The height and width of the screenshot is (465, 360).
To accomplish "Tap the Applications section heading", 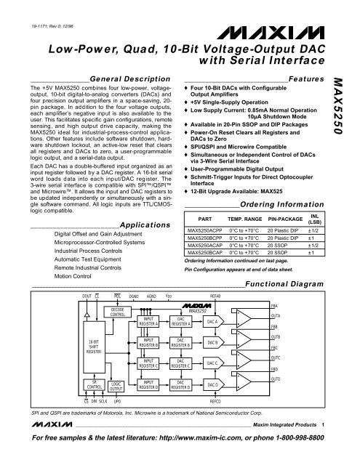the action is click(x=138, y=226).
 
